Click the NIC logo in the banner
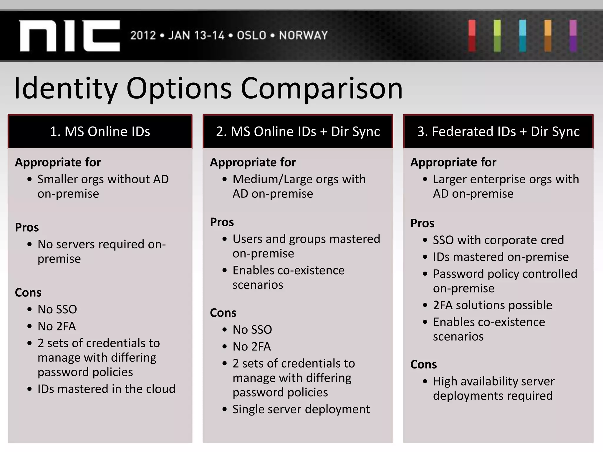[x=70, y=36]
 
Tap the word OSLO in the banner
[x=251, y=36]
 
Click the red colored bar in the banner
[x=472, y=36]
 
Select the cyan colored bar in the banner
[x=523, y=36]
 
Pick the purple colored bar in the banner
[x=573, y=36]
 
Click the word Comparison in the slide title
[x=322, y=88]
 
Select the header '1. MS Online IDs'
[x=100, y=132]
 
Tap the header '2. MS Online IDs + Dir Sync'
[x=298, y=132]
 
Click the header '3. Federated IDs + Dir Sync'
[x=498, y=132]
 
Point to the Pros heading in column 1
[x=27, y=227]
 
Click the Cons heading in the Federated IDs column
[x=423, y=365]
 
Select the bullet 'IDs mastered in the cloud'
[x=106, y=389]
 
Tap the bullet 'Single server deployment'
[x=301, y=409]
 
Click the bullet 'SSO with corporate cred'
[x=498, y=240]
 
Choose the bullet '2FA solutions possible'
[x=492, y=305]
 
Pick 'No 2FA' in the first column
[x=57, y=326]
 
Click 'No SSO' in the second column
[x=252, y=330]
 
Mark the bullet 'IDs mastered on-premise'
[x=501, y=257]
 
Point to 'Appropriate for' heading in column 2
[x=253, y=162]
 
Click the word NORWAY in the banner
[x=303, y=36]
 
